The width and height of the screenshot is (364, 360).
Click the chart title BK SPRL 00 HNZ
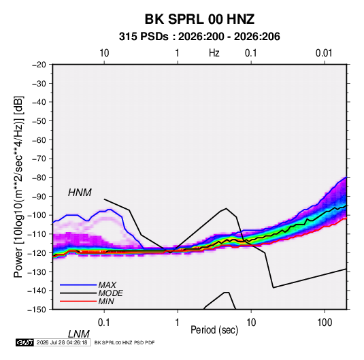point(199,19)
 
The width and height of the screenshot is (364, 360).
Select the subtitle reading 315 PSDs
point(144,37)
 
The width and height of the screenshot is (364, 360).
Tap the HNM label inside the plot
point(80,193)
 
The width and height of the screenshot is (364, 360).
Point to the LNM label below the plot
point(78,334)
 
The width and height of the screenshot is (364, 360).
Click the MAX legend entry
point(107,284)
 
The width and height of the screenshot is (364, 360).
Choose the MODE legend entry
point(110,293)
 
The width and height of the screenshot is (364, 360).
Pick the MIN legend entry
point(106,301)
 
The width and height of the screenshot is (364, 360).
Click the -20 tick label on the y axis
point(39,65)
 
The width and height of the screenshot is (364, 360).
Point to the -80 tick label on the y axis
point(39,178)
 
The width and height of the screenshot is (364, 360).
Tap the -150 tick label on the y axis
point(37,310)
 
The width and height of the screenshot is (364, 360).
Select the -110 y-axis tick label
point(37,234)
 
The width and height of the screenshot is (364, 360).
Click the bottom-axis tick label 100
point(325,323)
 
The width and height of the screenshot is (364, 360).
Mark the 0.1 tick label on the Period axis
point(104,323)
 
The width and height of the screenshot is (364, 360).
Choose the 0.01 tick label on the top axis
point(324,53)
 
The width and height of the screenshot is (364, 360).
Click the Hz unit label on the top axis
point(214,53)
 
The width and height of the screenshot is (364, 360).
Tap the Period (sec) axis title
point(214,330)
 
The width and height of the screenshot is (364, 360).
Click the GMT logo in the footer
point(24,342)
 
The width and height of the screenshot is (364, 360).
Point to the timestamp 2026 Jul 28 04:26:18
point(62,342)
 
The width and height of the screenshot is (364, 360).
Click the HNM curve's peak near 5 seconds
point(226,208)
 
